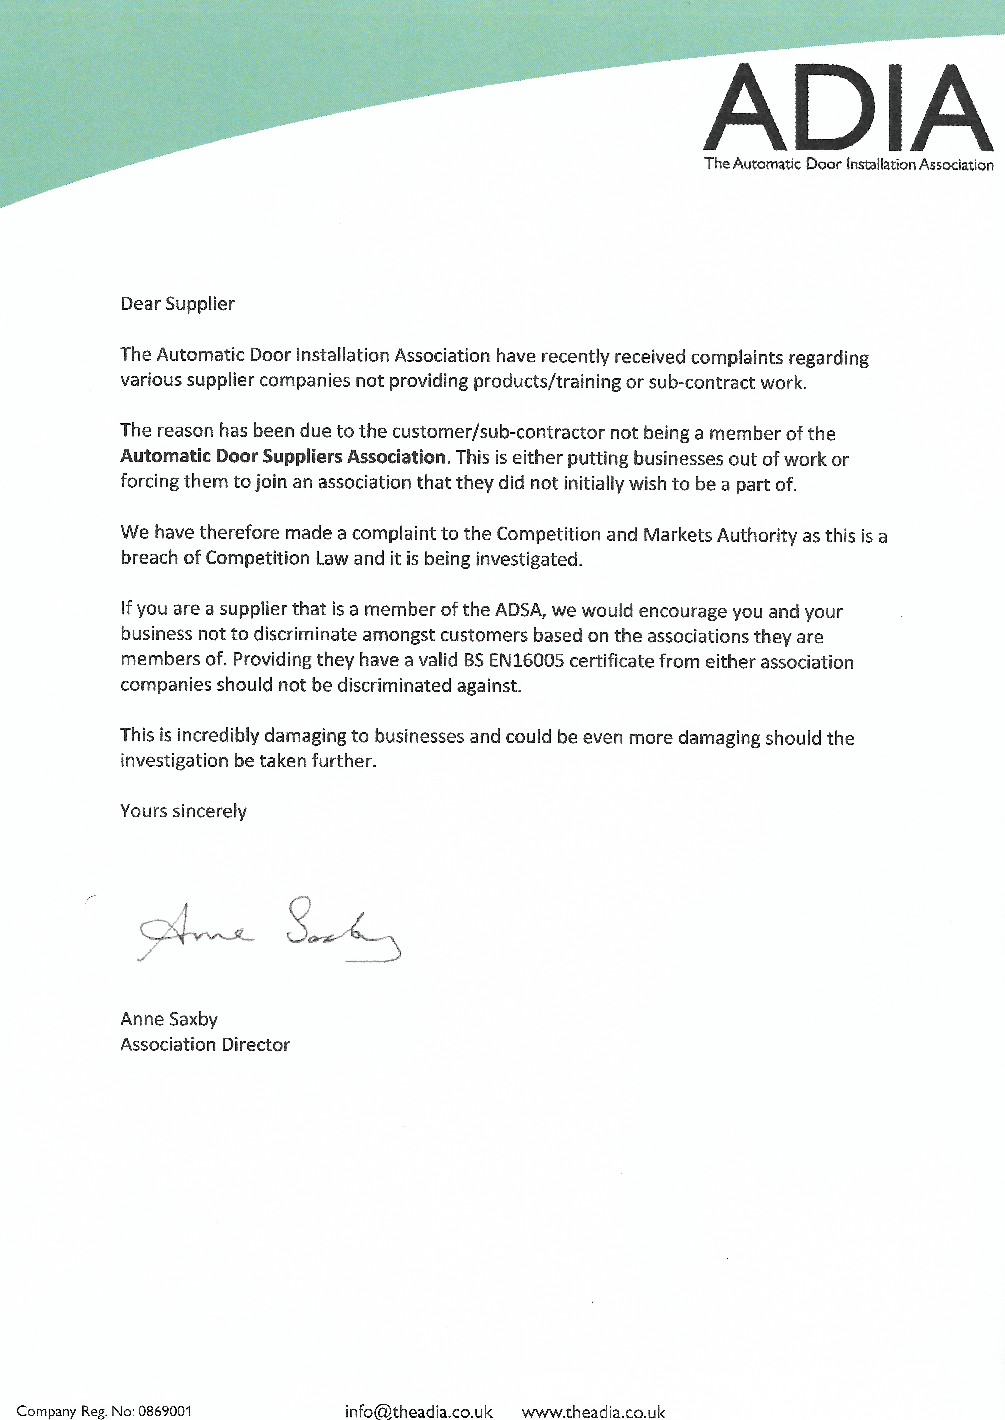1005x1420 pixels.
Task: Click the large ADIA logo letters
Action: (848, 108)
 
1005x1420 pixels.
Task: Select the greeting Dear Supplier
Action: (178, 304)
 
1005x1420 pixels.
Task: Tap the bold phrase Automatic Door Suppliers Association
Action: (283, 457)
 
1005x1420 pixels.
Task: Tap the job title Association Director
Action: (205, 1044)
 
